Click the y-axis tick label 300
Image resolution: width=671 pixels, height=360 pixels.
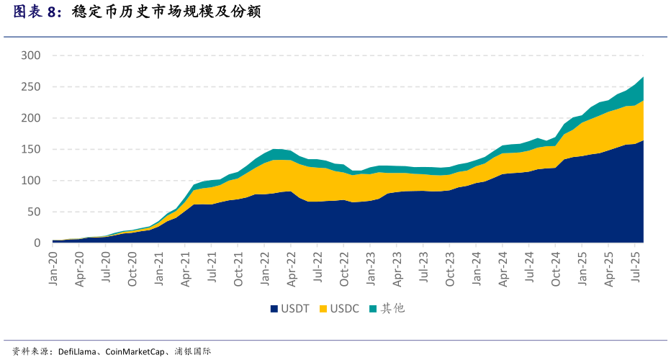31,55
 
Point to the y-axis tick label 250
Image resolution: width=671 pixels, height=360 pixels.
31,87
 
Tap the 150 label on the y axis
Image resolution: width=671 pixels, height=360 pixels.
31,150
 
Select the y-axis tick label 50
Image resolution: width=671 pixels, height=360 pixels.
34,212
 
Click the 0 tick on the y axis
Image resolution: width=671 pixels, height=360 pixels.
37,243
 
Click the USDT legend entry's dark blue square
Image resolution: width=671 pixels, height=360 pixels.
274,309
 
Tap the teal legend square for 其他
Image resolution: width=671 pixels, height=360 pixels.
373,309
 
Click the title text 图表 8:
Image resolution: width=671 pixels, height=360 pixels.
37,12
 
